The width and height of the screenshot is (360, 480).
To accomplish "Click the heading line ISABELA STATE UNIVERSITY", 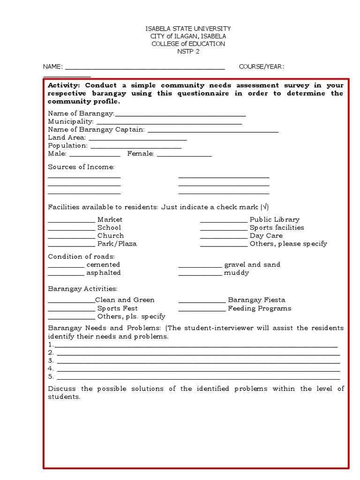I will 187,29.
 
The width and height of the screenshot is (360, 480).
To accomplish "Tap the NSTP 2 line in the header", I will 187,52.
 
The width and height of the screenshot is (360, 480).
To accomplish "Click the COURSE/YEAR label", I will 261,67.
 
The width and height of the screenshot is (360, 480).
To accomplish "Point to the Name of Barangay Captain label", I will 96,129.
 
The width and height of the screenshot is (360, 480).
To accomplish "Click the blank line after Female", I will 184,155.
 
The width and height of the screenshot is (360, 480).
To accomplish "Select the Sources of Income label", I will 81,167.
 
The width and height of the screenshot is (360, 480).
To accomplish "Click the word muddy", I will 236,273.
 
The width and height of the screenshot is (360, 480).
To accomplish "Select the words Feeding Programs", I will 259,308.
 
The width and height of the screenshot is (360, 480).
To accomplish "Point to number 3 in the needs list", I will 51,360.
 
